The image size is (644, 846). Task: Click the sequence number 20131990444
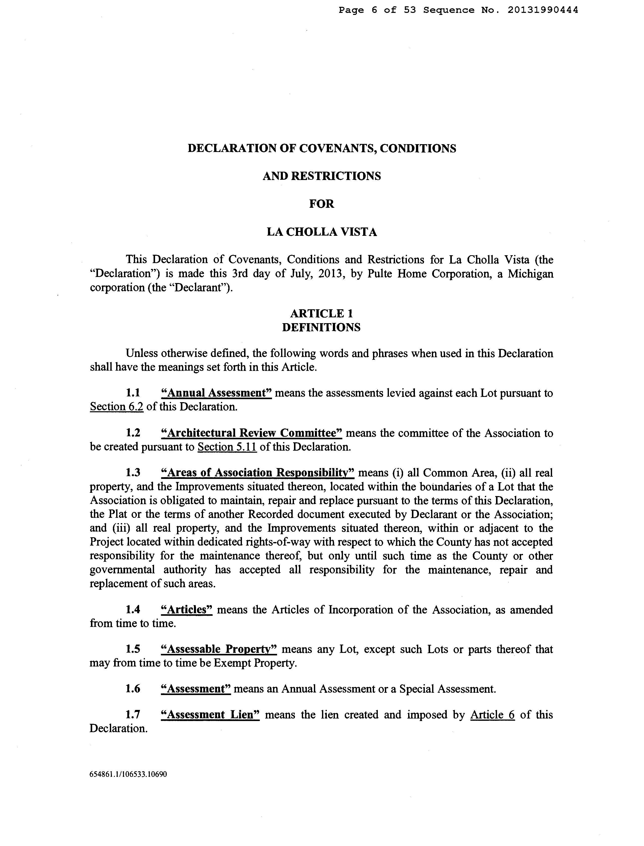tap(543, 10)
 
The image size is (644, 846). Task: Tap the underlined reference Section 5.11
tap(227, 447)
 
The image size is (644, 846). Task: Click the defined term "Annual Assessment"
tap(217, 393)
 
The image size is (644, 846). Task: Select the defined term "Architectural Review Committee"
tap(252, 433)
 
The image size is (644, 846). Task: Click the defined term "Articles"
tap(187, 610)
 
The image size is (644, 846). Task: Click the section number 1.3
tap(133, 473)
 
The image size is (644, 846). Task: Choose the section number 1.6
tap(133, 689)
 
